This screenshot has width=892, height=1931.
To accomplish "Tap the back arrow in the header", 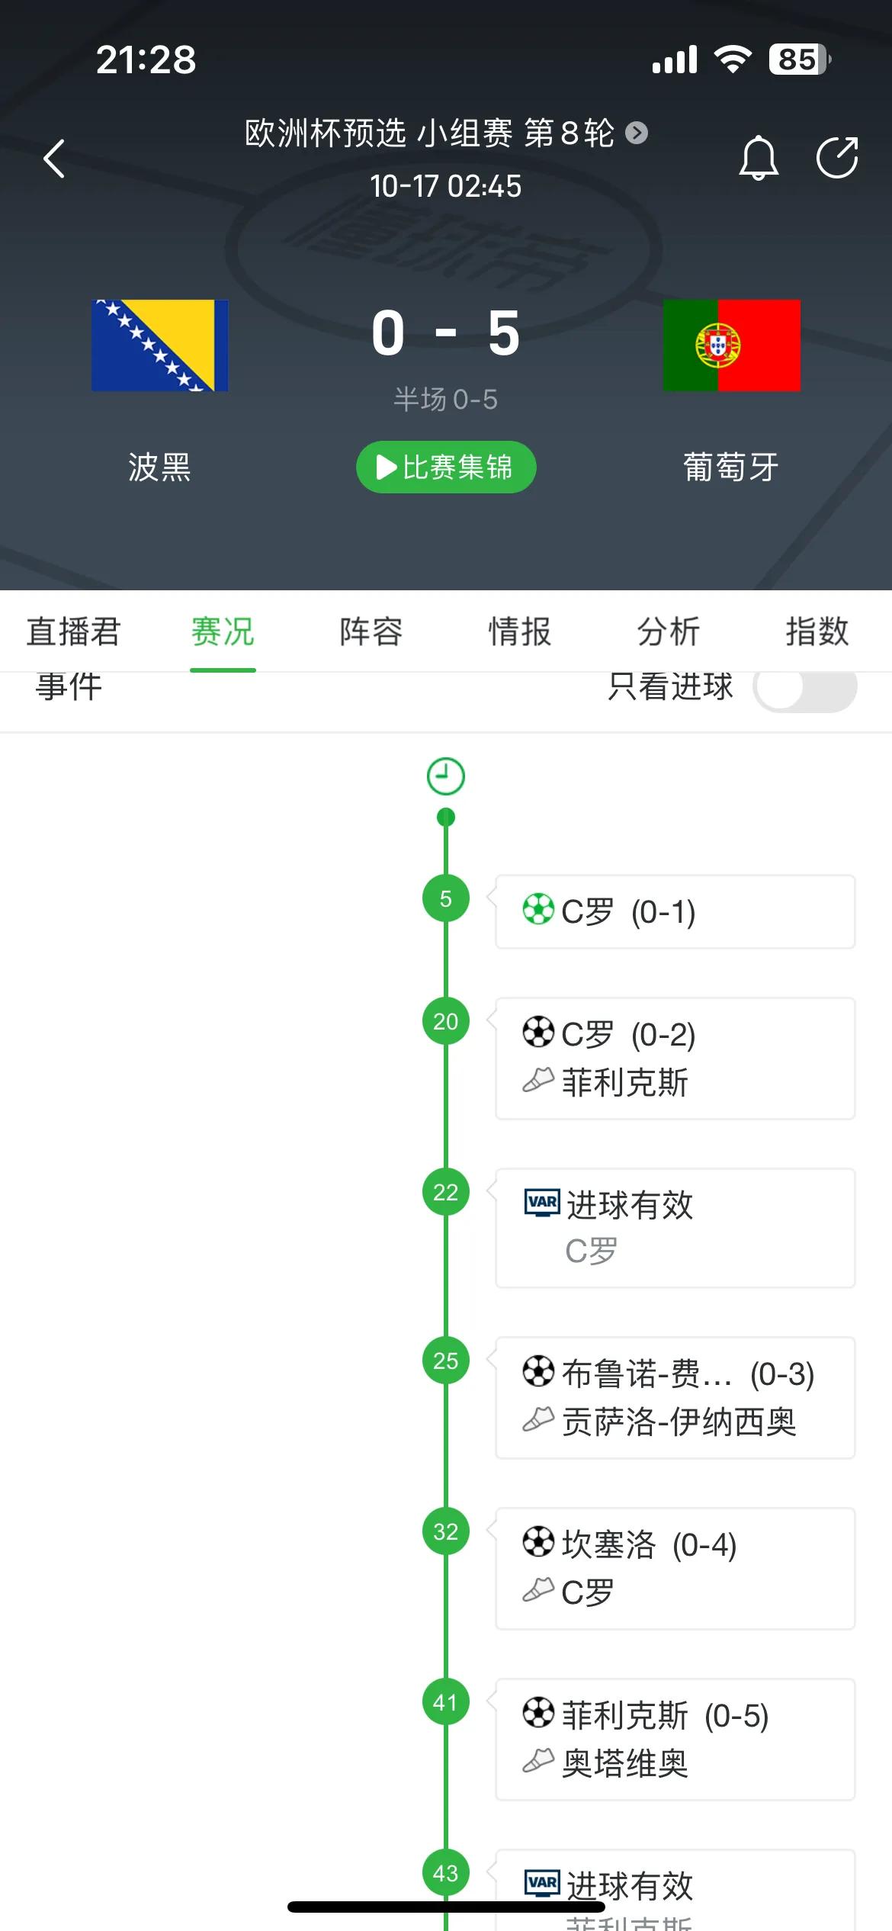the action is click(54, 159).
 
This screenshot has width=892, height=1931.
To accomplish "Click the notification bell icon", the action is click(759, 158).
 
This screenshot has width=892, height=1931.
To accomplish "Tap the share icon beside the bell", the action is click(837, 157).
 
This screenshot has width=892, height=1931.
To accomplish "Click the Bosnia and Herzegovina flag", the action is click(160, 345).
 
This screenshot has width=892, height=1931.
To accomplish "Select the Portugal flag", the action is click(732, 345).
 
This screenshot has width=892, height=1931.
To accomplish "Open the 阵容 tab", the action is click(371, 631).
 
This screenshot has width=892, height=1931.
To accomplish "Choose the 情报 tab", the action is click(519, 631).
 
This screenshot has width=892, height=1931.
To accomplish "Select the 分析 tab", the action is click(668, 631).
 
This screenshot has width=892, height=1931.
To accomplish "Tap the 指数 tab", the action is click(817, 631).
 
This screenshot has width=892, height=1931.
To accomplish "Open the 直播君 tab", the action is click(73, 631).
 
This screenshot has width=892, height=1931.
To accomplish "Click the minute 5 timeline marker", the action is click(446, 898).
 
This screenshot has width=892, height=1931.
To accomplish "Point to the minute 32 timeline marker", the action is click(446, 1531).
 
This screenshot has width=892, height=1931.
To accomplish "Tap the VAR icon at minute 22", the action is click(542, 1202).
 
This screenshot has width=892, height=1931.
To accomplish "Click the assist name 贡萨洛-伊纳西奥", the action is click(679, 1422).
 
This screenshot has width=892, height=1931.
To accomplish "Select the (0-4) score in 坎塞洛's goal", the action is click(704, 1545).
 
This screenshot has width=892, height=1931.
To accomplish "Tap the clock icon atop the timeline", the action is click(446, 776).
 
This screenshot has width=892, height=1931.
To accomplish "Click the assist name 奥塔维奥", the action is click(624, 1764).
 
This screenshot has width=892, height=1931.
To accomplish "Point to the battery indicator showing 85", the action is click(798, 59).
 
